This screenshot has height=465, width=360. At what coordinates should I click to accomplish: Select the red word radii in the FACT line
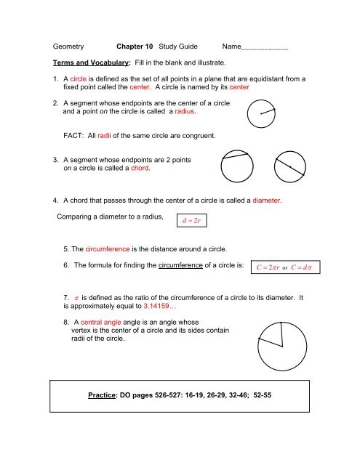(x=97, y=136)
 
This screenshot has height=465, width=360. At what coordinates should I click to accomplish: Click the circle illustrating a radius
(x=261, y=113)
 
